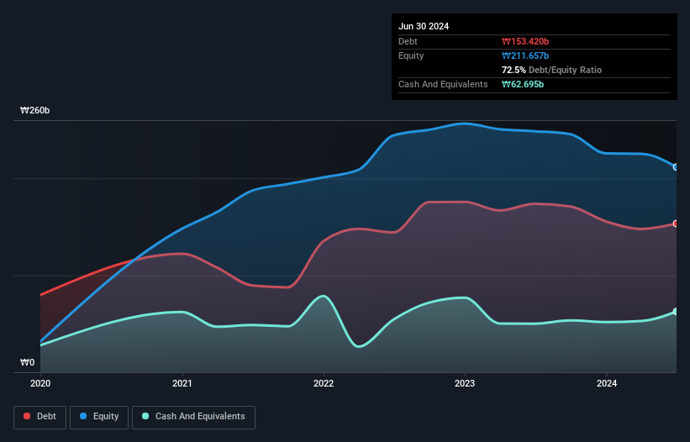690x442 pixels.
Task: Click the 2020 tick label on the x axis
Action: click(x=40, y=383)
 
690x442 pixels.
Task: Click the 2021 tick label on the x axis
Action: click(x=182, y=383)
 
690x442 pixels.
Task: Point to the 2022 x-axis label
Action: click(x=324, y=383)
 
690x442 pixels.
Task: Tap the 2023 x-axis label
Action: click(x=465, y=383)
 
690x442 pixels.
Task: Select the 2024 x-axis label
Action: click(x=607, y=383)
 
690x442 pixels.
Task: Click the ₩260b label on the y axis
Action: click(x=35, y=111)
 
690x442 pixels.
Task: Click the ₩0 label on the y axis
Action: click(x=28, y=363)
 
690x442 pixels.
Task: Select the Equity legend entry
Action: click(x=99, y=416)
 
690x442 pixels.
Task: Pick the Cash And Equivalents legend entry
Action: click(x=193, y=416)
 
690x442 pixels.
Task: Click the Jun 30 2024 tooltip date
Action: click(x=424, y=26)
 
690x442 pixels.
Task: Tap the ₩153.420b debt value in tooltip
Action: click(x=525, y=41)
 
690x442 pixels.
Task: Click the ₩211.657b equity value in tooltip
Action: click(x=525, y=55)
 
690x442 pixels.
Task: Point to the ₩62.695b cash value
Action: click(x=523, y=84)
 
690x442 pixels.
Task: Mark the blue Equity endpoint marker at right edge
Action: click(x=676, y=166)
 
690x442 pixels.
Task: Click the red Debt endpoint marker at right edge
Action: click(x=676, y=224)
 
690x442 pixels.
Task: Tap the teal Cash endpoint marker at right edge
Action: click(x=676, y=312)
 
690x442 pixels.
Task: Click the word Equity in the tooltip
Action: click(x=411, y=55)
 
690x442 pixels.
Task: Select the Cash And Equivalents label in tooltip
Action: click(x=443, y=84)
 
